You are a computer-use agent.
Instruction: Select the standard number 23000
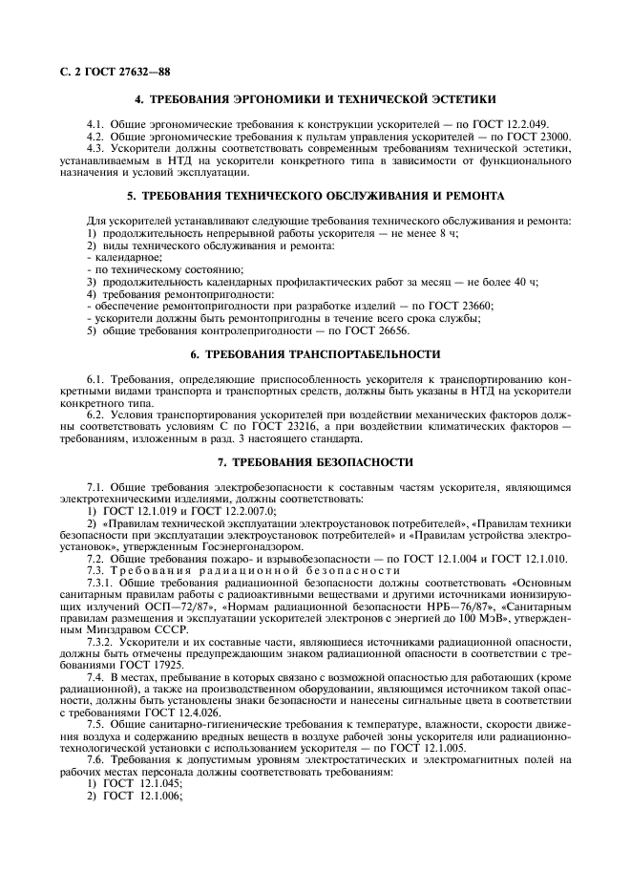551,138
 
